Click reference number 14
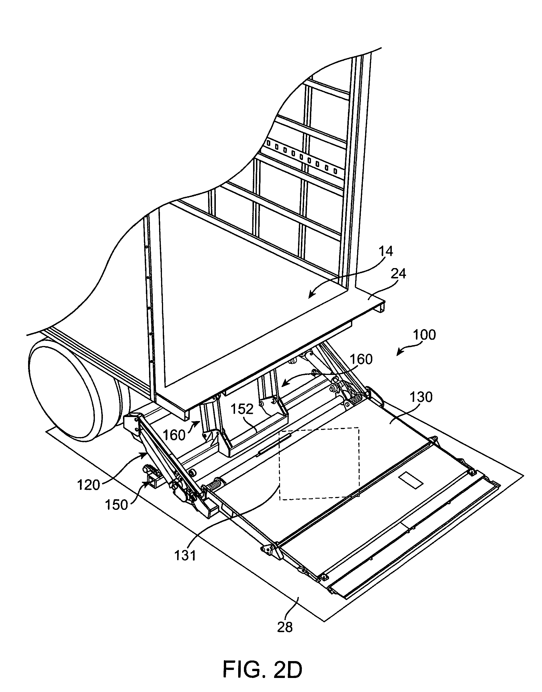pyautogui.click(x=386, y=251)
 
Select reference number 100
pyautogui.click(x=424, y=335)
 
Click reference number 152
pyautogui.click(x=242, y=409)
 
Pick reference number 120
pyautogui.click(x=89, y=485)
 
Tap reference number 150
pyautogui.click(x=116, y=505)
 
